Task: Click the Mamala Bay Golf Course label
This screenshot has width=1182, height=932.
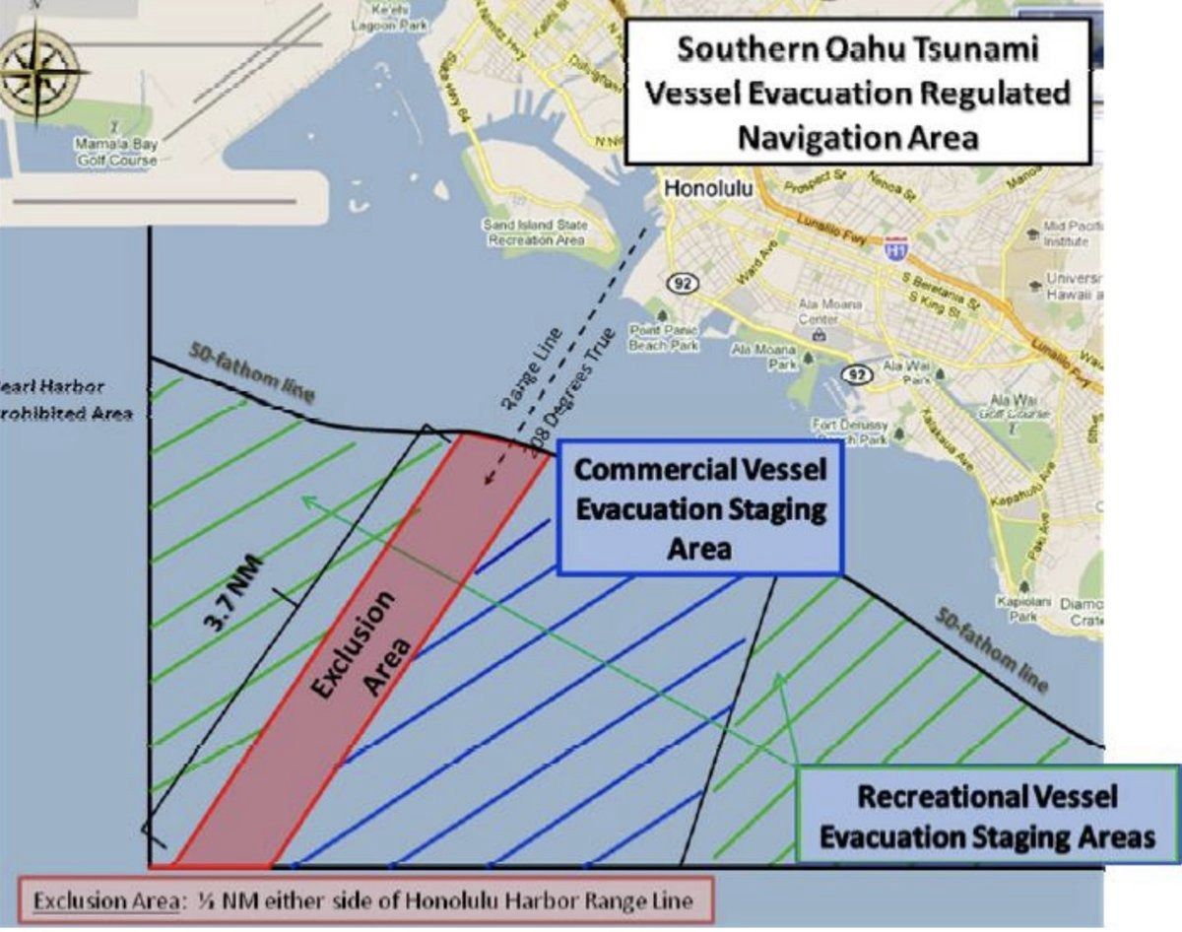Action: (116, 153)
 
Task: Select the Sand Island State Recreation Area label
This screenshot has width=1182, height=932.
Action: (535, 232)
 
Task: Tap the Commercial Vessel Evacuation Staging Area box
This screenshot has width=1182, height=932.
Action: (699, 507)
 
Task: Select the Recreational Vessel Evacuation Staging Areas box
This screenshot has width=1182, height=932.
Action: (986, 817)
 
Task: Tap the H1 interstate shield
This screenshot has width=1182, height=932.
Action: (895, 246)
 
